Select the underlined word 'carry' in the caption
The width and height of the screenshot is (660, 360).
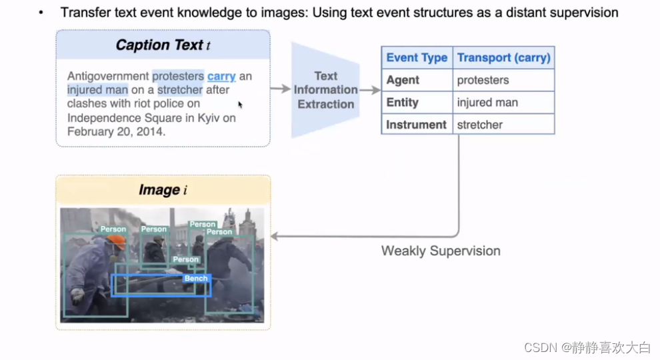(x=221, y=76)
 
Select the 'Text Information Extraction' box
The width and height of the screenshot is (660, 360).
(x=326, y=90)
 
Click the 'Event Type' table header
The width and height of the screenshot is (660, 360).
(x=417, y=57)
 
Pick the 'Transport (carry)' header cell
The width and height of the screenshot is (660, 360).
(x=503, y=57)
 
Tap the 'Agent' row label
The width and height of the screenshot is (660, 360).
(x=403, y=80)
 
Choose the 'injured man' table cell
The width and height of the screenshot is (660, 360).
(x=487, y=102)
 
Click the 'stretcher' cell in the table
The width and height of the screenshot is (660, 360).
(x=479, y=125)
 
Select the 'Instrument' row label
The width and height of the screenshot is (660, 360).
(x=416, y=125)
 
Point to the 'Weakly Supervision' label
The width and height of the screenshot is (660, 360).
(x=441, y=251)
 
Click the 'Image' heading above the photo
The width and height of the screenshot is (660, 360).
(x=163, y=190)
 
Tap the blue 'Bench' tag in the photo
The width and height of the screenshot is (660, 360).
(x=196, y=278)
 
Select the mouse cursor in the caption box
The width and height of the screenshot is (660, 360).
(x=240, y=105)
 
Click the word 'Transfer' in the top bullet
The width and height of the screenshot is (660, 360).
(x=82, y=12)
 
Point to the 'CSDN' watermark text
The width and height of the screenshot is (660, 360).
(x=539, y=347)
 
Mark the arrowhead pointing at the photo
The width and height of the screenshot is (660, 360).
(x=274, y=236)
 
